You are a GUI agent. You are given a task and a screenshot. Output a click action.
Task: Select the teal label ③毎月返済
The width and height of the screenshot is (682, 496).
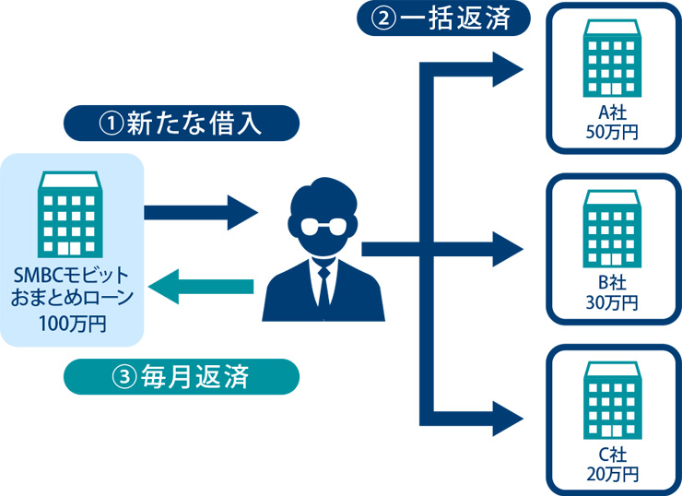(182, 377)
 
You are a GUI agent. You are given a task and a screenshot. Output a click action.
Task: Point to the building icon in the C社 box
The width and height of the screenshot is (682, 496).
(611, 402)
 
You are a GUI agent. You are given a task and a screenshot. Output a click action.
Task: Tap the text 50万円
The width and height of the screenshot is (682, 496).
(612, 131)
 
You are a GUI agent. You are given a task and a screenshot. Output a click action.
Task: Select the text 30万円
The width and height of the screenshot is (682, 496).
(612, 301)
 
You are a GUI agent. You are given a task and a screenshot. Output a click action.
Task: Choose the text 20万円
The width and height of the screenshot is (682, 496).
(612, 474)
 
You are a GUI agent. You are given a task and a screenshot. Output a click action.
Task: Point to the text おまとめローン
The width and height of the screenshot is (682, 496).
(72, 299)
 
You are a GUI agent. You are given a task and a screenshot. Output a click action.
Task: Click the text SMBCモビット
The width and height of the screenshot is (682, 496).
(72, 276)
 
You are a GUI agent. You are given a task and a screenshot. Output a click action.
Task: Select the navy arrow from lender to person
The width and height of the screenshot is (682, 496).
(201, 214)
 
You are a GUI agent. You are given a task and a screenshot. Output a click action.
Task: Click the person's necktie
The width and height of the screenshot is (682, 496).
(323, 286)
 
